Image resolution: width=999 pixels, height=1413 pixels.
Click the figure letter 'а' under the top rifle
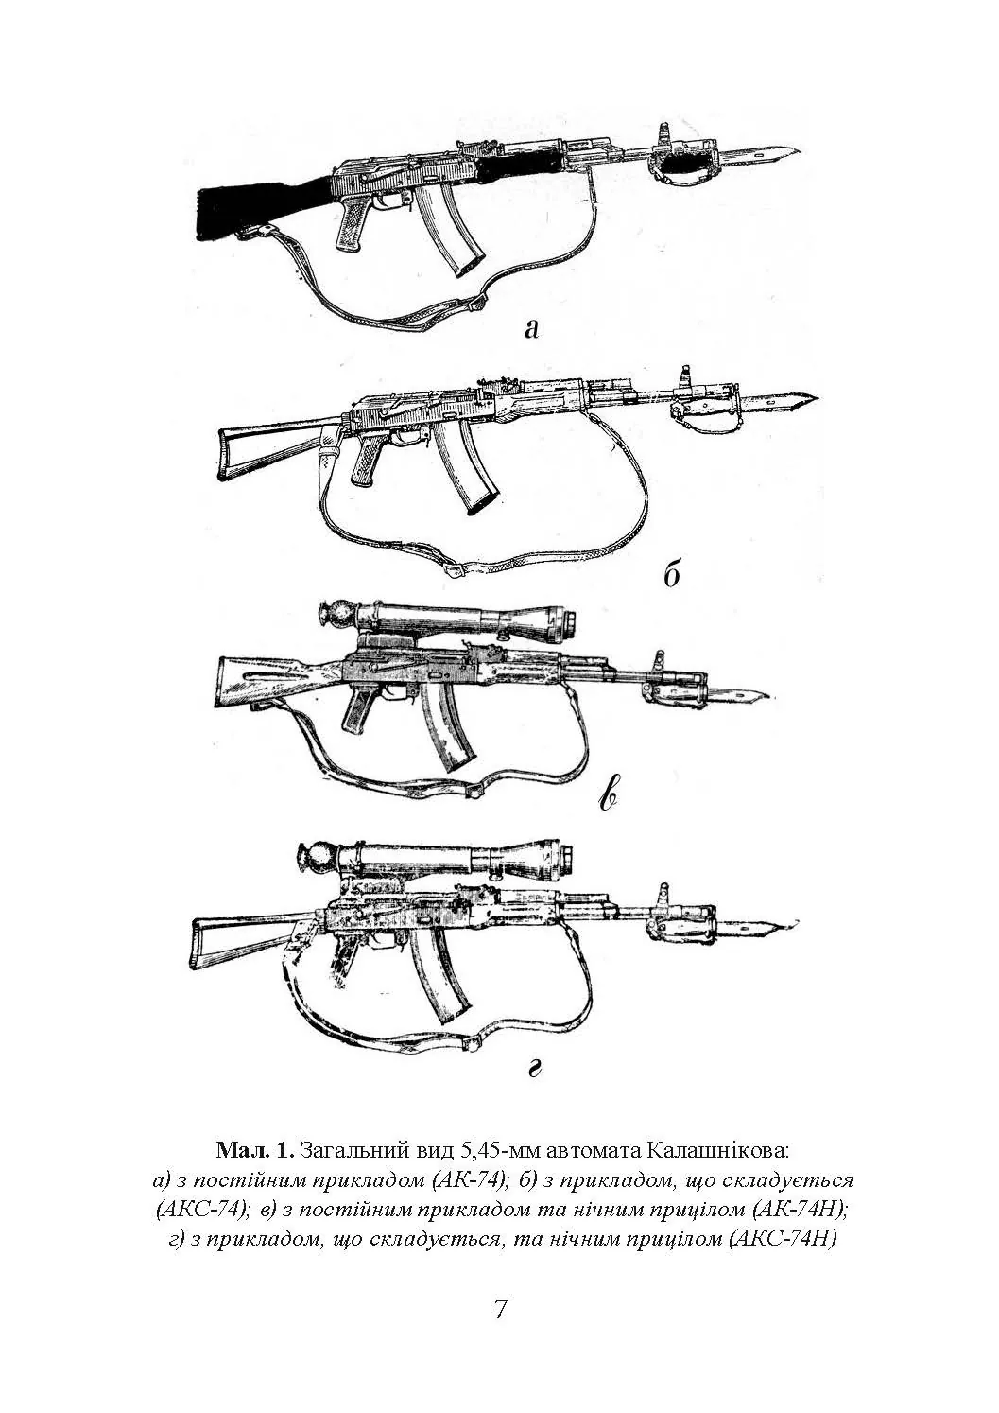pos(531,328)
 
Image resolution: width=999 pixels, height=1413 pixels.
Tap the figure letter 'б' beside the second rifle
pos(672,574)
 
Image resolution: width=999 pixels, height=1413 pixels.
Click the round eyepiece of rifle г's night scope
pos(318,862)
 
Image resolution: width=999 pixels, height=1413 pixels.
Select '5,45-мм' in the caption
pos(494,1151)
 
